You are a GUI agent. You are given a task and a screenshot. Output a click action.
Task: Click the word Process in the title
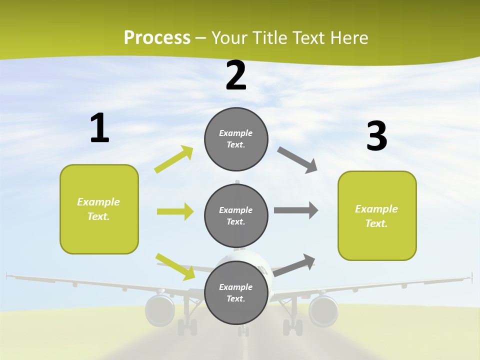point(157,38)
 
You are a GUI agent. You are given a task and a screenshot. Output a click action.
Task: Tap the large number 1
point(99,128)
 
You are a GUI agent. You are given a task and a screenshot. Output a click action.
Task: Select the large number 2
point(236,75)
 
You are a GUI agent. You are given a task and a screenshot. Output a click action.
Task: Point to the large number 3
point(376,136)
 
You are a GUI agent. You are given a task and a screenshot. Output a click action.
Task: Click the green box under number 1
point(99,209)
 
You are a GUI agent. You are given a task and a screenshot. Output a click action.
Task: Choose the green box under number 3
point(377,215)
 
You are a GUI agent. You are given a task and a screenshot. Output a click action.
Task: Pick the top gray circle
point(236,139)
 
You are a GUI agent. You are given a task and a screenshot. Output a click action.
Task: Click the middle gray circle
point(236,215)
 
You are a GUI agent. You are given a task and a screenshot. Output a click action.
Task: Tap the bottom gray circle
point(236,292)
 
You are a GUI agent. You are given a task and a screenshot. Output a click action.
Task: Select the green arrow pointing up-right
point(174,159)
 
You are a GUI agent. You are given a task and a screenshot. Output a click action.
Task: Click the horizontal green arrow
point(175,211)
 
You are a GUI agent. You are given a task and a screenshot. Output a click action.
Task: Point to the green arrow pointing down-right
point(175,266)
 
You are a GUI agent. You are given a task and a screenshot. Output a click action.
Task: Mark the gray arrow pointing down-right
point(297,160)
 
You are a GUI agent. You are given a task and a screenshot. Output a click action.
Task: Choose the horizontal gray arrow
point(296,210)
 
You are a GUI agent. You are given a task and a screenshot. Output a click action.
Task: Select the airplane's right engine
point(323,310)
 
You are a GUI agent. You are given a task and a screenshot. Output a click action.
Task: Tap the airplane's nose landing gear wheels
point(243,330)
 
